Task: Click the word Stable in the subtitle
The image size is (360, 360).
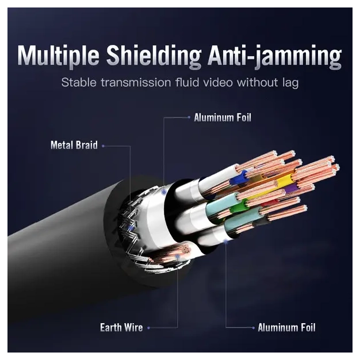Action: point(78,83)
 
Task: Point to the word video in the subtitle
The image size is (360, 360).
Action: point(214,83)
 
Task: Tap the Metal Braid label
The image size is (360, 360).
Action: point(74,145)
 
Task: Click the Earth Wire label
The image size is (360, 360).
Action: point(121,328)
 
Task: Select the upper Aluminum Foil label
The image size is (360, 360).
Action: point(223,117)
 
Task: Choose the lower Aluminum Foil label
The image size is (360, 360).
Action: point(286,328)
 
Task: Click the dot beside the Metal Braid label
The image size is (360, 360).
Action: point(104,146)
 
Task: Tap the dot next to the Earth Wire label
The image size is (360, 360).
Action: point(148,328)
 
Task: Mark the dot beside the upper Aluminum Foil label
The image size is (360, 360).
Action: point(188,117)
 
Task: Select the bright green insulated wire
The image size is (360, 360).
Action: point(244,203)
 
